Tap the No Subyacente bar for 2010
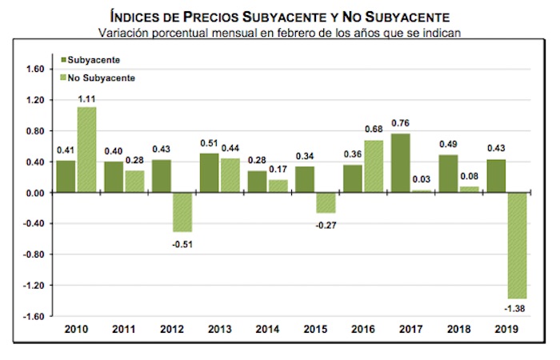point(86,150)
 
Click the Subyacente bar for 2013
point(210,173)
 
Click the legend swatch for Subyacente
point(63,60)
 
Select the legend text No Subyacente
point(102,78)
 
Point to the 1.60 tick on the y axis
point(34,70)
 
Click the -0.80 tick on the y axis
point(33,254)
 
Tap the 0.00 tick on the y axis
point(34,193)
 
